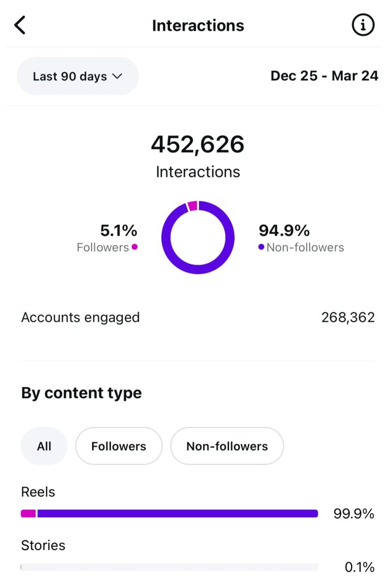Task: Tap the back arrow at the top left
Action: point(20,26)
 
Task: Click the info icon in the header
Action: point(363,26)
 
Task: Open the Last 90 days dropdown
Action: point(78,76)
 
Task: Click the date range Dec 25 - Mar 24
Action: point(324,76)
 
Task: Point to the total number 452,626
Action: point(198,144)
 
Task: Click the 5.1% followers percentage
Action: point(119,230)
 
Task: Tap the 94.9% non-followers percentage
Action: point(284,230)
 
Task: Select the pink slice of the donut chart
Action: point(193,206)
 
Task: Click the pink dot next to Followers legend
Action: point(135,247)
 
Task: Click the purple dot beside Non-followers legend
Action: point(261,247)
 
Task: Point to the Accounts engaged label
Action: point(80,317)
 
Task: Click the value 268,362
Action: point(348,317)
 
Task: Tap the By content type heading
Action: point(81,393)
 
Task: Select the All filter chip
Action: point(44,446)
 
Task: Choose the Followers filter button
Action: point(119,446)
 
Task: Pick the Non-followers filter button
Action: point(227,446)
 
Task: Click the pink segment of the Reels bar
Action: point(28,513)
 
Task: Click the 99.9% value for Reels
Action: point(353,514)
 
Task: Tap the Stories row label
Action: point(43,545)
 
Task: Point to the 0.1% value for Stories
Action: point(359,567)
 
